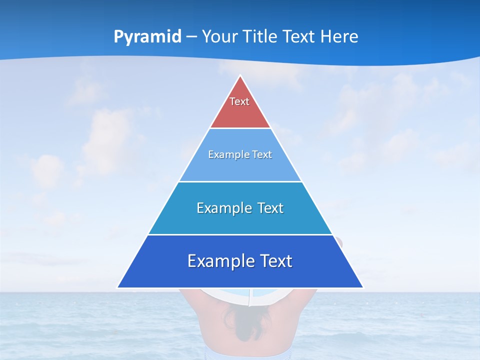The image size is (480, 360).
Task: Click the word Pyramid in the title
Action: click(x=147, y=37)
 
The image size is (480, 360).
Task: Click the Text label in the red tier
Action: click(x=239, y=101)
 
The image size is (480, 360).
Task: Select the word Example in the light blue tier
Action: click(x=227, y=154)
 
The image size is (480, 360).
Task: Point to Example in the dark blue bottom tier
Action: click(x=217, y=261)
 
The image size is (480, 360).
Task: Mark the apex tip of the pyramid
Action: click(x=240, y=76)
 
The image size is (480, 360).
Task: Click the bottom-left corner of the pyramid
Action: click(x=118, y=287)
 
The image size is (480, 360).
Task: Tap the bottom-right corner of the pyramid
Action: click(x=362, y=287)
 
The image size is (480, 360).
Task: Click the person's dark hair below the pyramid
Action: click(x=240, y=320)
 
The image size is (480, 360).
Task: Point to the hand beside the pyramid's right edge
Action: click(x=340, y=243)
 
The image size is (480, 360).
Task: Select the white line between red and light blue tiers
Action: click(x=240, y=128)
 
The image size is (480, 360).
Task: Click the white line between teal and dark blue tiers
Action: click(x=240, y=234)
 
